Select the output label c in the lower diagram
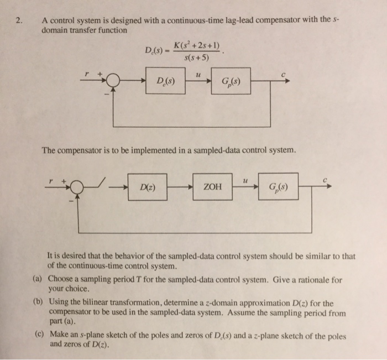[326, 178]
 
